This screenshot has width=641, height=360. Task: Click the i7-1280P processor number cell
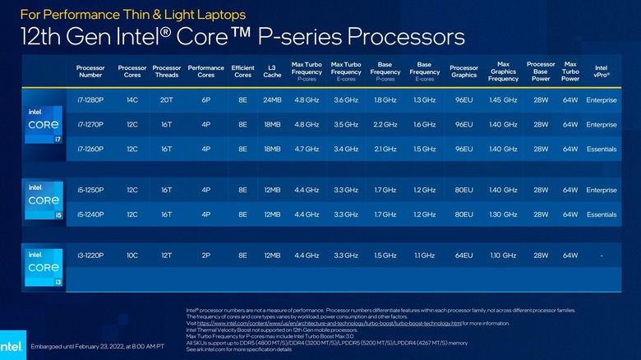(90, 99)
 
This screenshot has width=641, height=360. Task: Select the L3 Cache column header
(272, 72)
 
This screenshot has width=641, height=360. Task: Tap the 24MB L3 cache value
(272, 99)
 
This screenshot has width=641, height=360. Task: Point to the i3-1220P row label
(90, 256)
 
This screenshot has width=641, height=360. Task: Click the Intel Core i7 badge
(44, 125)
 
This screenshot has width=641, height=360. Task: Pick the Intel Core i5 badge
(44, 201)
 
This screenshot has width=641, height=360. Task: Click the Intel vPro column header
(601, 72)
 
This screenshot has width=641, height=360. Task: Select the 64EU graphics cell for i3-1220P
(464, 256)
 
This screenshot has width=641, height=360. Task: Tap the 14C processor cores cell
(131, 99)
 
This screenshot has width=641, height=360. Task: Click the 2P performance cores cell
(205, 256)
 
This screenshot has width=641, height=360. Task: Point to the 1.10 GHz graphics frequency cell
(503, 256)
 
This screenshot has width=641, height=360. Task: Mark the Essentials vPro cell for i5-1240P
(601, 215)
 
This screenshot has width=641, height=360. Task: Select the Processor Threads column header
(167, 72)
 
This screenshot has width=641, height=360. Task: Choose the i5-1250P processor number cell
(90, 190)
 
